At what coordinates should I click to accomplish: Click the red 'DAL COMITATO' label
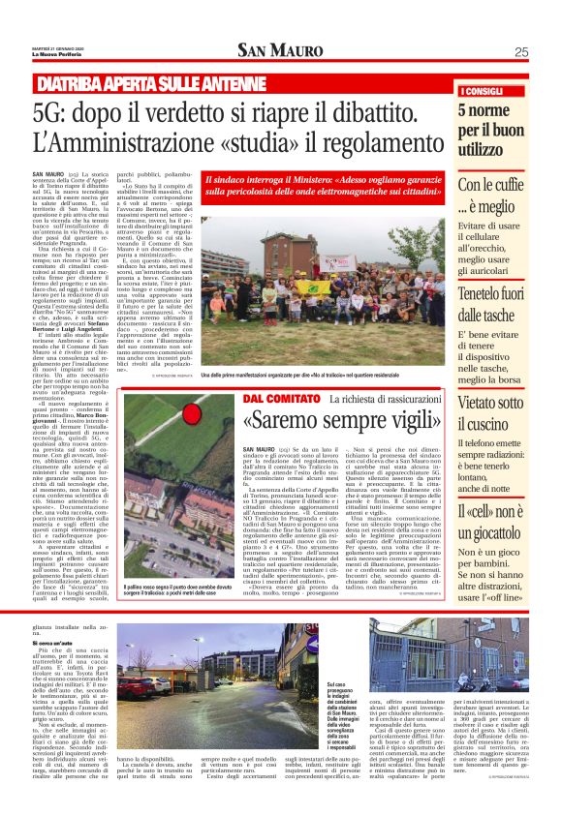pos(281,399)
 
